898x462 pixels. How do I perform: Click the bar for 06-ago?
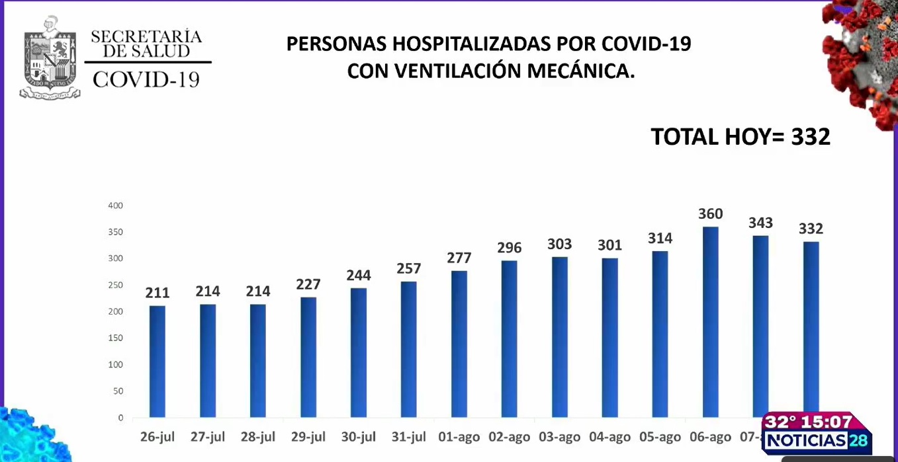(x=710, y=323)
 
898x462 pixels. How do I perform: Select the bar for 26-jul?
(x=157, y=362)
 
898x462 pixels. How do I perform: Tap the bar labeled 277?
(x=459, y=344)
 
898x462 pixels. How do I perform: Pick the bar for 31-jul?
(x=409, y=350)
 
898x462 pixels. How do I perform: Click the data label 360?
(x=710, y=214)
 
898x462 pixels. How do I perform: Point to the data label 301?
(x=609, y=245)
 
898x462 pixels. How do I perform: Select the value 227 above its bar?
(x=308, y=284)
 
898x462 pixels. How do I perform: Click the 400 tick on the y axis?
(x=116, y=206)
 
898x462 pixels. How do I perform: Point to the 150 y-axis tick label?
(x=116, y=338)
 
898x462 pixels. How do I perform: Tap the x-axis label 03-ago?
(x=559, y=437)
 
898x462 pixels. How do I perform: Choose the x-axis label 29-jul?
(x=308, y=437)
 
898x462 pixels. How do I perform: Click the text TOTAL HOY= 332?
(x=740, y=137)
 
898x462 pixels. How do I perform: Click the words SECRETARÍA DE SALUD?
(x=146, y=44)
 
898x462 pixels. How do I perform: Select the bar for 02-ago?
(x=509, y=339)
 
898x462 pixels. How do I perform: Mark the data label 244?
(x=359, y=275)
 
